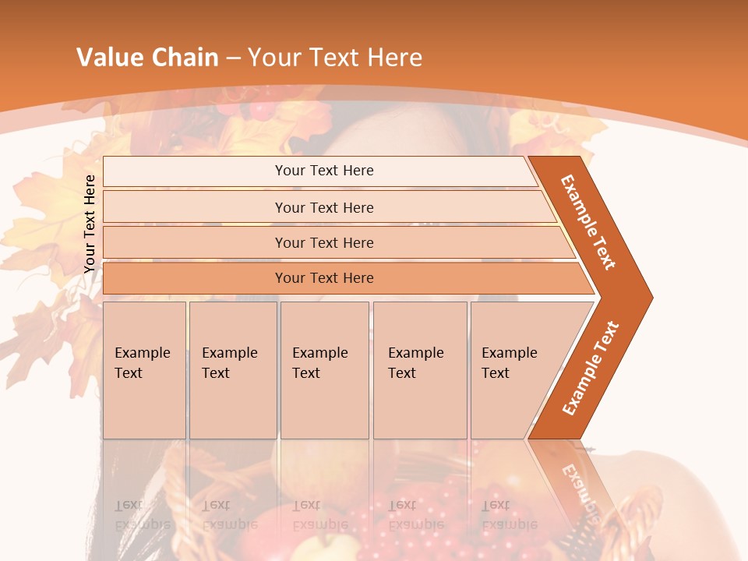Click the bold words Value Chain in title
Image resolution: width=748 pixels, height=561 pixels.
click(147, 58)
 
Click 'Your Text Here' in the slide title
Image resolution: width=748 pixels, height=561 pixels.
click(335, 58)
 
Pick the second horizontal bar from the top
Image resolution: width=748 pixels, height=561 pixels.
click(324, 207)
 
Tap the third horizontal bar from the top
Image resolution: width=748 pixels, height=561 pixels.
click(324, 242)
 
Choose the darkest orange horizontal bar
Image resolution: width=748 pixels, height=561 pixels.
click(324, 278)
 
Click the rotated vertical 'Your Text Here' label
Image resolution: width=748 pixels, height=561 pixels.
click(90, 224)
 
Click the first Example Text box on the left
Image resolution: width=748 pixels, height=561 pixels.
click(144, 369)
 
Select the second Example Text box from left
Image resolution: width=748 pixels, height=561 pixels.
click(232, 369)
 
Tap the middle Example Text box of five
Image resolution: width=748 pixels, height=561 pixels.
click(323, 369)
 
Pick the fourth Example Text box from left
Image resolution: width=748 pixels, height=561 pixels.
click(419, 369)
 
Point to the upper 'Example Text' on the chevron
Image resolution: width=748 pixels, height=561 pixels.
click(588, 222)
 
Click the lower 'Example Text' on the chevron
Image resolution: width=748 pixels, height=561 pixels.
click(591, 368)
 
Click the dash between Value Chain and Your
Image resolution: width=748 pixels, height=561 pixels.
click(233, 58)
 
